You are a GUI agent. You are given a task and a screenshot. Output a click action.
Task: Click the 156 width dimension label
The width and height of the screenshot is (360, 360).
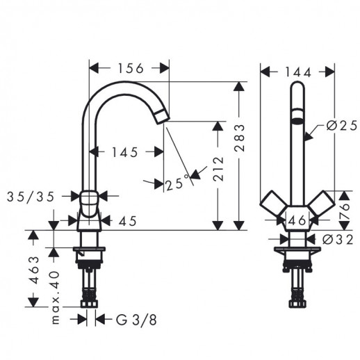coord(131,68)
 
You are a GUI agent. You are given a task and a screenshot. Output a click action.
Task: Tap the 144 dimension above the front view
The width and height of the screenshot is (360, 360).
coord(297,72)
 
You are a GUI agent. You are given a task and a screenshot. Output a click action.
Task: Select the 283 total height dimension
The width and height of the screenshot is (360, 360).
coord(239,138)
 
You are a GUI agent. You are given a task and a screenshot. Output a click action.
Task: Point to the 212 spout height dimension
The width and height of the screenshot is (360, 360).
coord(218,169)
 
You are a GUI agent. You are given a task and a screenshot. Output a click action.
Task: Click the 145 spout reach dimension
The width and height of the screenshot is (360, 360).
coord(125,152)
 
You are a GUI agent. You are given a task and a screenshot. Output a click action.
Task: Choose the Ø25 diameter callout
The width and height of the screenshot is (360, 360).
coord(342,126)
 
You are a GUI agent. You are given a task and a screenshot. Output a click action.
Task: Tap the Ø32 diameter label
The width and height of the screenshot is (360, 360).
coord(338,240)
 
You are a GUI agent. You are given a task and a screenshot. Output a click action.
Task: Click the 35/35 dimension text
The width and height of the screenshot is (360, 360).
coord(31,197)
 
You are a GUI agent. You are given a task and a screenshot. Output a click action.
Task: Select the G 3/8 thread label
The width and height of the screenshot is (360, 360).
coord(136,320)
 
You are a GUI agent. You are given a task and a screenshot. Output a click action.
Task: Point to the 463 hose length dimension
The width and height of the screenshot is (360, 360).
coord(34,270)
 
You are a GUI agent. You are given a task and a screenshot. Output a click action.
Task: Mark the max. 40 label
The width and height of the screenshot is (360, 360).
coord(55,297)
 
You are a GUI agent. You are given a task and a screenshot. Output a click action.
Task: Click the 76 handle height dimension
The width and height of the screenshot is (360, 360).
coord(344,210)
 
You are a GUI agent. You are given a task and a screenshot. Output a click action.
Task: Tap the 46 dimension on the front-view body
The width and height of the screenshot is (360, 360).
coord(297,220)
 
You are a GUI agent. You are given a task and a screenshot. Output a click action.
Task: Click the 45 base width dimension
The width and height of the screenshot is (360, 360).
coord(128,221)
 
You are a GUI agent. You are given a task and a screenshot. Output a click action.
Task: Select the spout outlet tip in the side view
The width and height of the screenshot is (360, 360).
coord(163,117)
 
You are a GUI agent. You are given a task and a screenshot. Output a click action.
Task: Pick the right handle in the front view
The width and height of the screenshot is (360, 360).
coord(322,204)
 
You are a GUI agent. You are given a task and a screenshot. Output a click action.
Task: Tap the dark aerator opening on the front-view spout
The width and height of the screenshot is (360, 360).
coord(297,121)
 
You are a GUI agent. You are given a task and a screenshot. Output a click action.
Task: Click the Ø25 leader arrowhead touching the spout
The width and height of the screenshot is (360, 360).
coord(308,137)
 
